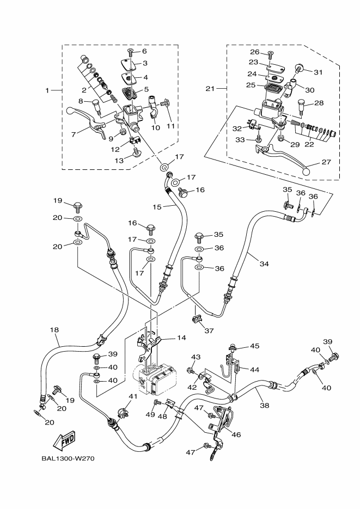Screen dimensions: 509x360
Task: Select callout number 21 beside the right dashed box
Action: pyautogui.click(x=211, y=89)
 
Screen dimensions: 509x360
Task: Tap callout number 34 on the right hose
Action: pyautogui.click(x=264, y=264)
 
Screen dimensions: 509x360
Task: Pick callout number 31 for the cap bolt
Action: pyautogui.click(x=318, y=72)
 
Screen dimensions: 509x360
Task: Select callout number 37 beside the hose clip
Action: pyautogui.click(x=209, y=330)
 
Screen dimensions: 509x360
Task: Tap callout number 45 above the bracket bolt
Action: pyautogui.click(x=255, y=346)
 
